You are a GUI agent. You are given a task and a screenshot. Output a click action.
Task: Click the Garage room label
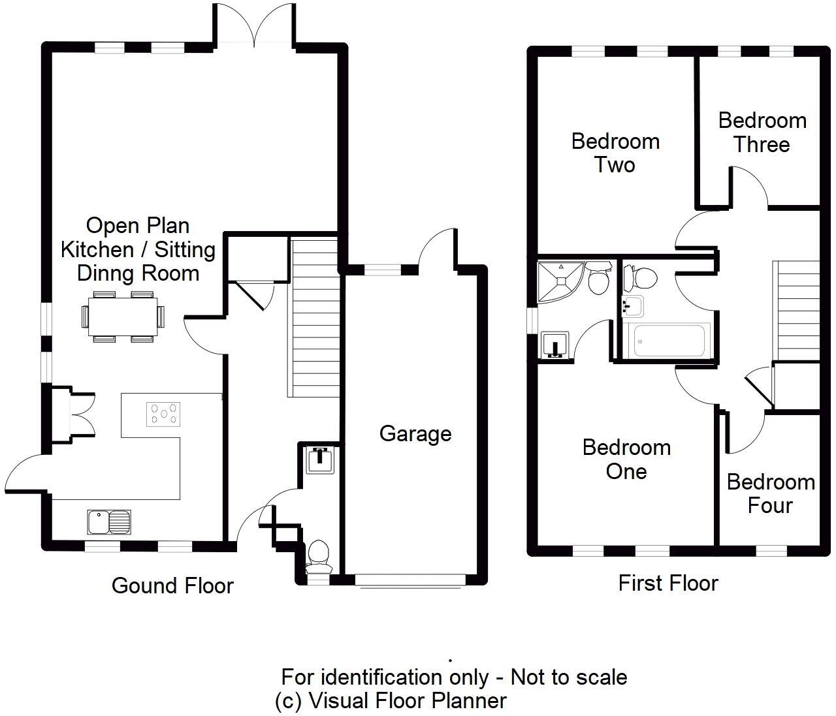pyautogui.click(x=415, y=434)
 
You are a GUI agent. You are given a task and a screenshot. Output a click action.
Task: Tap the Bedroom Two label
pyautogui.click(x=615, y=153)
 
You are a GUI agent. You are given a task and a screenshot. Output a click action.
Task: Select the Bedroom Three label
pyautogui.click(x=762, y=132)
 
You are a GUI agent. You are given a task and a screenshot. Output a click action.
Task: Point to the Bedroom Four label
pyautogui.click(x=770, y=493)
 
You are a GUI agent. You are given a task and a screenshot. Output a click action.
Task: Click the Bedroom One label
pyautogui.click(x=626, y=459)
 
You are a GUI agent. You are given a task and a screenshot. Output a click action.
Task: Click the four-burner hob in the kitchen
pyautogui.click(x=164, y=414)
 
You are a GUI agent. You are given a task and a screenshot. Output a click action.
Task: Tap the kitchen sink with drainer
pyautogui.click(x=109, y=521)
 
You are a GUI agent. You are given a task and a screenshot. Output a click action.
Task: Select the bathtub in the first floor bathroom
pyautogui.click(x=672, y=340)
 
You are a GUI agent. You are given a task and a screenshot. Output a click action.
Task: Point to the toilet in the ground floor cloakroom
pyautogui.click(x=319, y=553)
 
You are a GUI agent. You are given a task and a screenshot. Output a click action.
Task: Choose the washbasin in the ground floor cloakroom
pyautogui.click(x=320, y=459)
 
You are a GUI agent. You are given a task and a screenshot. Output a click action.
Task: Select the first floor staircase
pyautogui.click(x=796, y=311)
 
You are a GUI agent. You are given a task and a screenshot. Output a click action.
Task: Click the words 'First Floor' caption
pyautogui.click(x=667, y=583)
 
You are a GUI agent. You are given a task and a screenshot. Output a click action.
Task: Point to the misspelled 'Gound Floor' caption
pyautogui.click(x=172, y=585)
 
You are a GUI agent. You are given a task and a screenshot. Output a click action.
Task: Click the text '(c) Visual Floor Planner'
pyautogui.click(x=391, y=700)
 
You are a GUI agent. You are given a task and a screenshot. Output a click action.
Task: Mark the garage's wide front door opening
pyautogui.click(x=410, y=580)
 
